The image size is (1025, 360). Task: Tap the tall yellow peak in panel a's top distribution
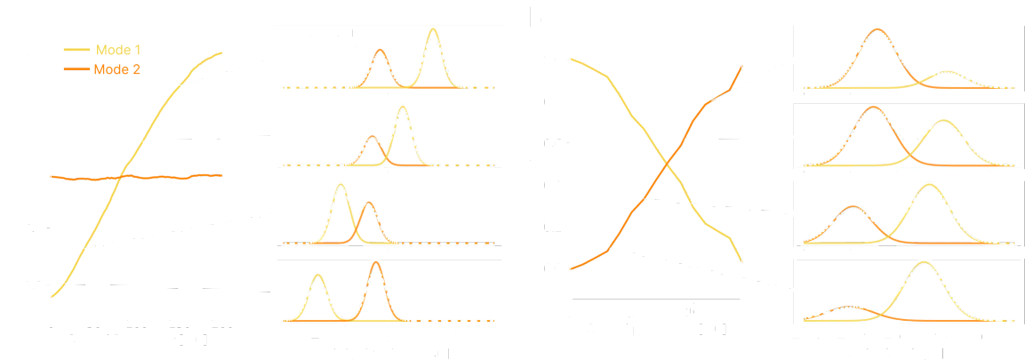click(433, 32)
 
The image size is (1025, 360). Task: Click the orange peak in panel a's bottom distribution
click(375, 265)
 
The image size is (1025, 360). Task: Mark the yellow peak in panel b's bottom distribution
click(924, 264)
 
